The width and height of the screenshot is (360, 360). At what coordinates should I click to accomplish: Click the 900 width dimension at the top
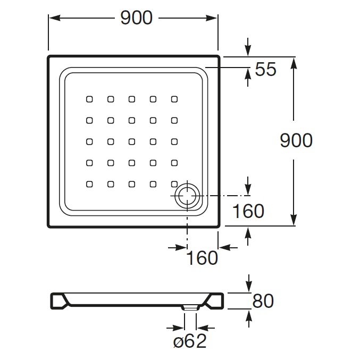click(136, 18)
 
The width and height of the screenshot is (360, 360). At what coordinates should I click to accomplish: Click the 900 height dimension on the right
click(296, 140)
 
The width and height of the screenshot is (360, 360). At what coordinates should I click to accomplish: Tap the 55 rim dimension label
click(266, 69)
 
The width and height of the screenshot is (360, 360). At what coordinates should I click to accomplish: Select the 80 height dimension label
click(263, 301)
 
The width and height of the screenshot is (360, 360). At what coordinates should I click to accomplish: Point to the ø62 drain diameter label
click(190, 341)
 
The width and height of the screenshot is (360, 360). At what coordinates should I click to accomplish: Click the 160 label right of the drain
click(248, 211)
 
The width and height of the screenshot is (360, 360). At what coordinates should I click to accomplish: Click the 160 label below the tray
click(202, 258)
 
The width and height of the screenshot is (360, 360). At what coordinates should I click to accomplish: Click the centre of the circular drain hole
click(187, 196)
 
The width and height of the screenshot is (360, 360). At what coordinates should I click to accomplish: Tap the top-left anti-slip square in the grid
click(89, 99)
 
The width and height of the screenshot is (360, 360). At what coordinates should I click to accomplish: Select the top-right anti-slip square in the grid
click(174, 99)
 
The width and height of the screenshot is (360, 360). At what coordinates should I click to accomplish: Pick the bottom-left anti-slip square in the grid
click(89, 184)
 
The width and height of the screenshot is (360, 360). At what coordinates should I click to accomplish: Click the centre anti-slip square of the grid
click(132, 141)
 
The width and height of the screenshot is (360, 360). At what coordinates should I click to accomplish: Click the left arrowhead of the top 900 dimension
click(55, 18)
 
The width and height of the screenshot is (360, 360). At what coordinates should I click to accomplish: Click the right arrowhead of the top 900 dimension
click(212, 18)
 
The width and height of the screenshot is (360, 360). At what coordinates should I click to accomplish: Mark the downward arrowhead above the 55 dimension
click(248, 51)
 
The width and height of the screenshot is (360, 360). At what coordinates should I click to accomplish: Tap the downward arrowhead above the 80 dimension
click(249, 287)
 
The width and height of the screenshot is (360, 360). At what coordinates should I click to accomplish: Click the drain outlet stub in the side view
click(190, 308)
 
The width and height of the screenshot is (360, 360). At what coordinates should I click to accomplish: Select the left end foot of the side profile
click(59, 301)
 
